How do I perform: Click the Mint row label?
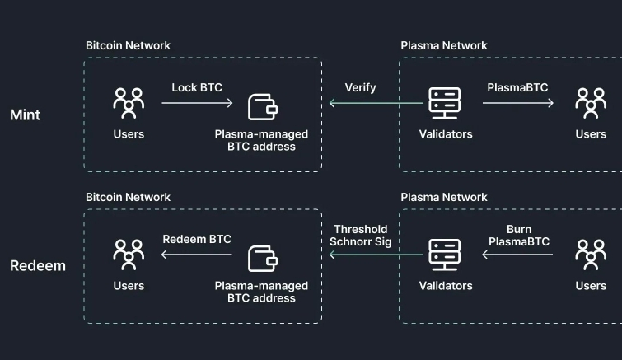point(25,115)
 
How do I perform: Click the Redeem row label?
point(37,266)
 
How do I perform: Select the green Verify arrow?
point(376,104)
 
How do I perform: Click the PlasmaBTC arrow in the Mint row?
point(518,104)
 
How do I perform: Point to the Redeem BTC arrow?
point(198,255)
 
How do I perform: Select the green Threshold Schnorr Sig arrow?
point(376,255)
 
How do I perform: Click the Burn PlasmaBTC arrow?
point(518,255)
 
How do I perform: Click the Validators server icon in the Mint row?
point(446,104)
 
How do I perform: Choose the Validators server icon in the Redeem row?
point(446,255)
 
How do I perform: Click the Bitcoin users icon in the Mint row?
point(129,104)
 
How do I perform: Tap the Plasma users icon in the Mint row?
point(591,104)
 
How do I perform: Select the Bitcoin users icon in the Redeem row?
point(129,255)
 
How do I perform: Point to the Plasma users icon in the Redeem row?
point(591,255)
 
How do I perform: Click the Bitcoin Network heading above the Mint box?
point(128,46)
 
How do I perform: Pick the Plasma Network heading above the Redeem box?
point(444,198)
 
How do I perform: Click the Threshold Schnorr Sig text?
point(361,236)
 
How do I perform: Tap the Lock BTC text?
point(197,87)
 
